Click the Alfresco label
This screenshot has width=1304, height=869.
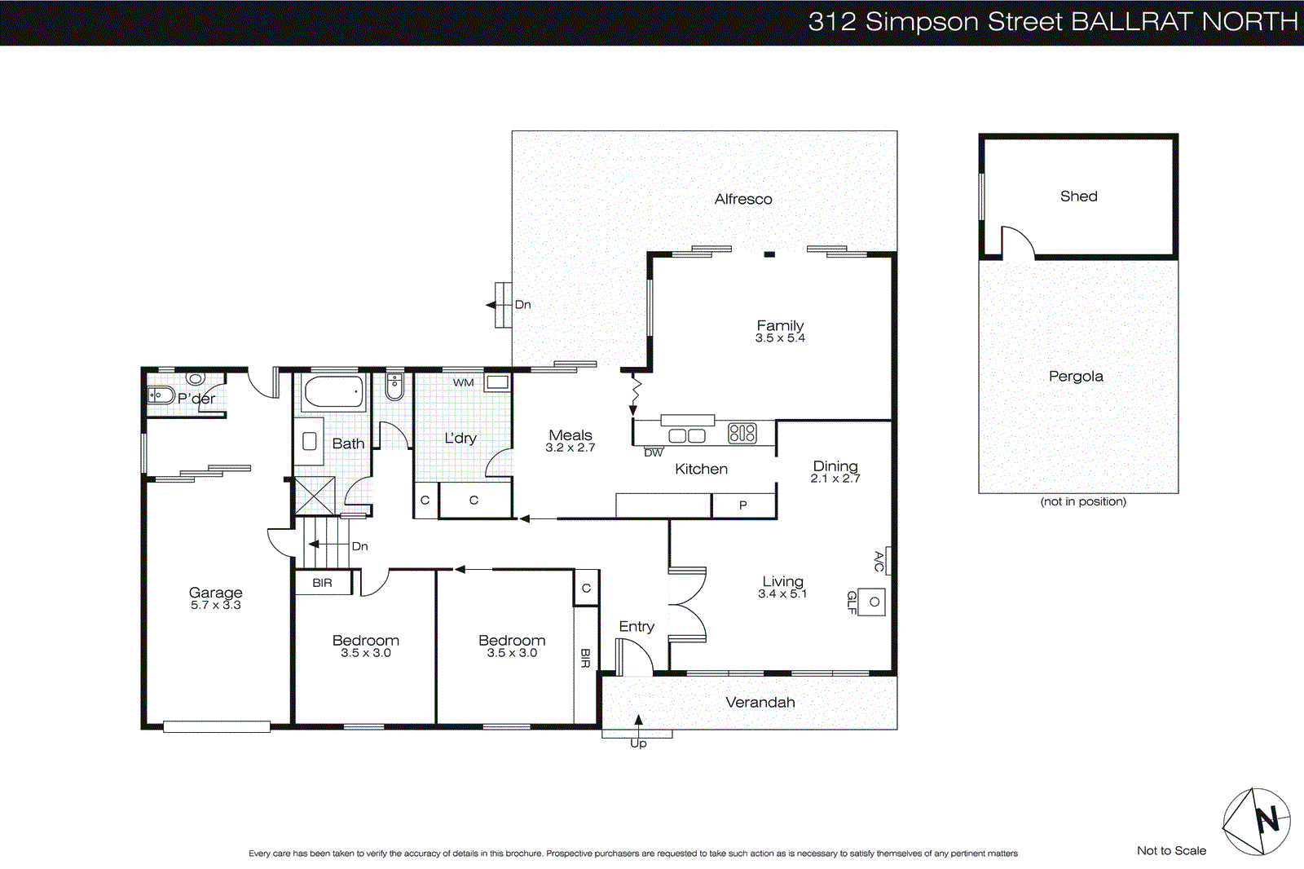[x=742, y=199]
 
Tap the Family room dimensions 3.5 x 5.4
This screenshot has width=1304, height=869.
[x=780, y=338]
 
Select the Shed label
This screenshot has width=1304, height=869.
[x=1078, y=196]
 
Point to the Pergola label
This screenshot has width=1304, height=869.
[x=1076, y=377]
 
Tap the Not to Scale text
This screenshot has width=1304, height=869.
[x=1171, y=851]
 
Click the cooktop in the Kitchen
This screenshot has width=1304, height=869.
[x=742, y=433]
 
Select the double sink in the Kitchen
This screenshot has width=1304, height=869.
[x=686, y=435]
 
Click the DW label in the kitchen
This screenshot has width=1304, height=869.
[x=654, y=452]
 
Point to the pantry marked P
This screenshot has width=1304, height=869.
[x=742, y=505]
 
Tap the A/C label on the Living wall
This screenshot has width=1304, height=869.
[x=879, y=561]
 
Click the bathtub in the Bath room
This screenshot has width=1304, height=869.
[x=334, y=393]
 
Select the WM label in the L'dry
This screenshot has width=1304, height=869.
[x=463, y=382]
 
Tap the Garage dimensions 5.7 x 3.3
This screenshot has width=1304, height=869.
[x=215, y=605]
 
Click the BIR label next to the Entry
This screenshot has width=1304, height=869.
[x=585, y=658]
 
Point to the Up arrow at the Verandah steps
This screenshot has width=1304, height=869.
[x=638, y=721]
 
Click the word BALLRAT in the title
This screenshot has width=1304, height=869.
[x=1132, y=22]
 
